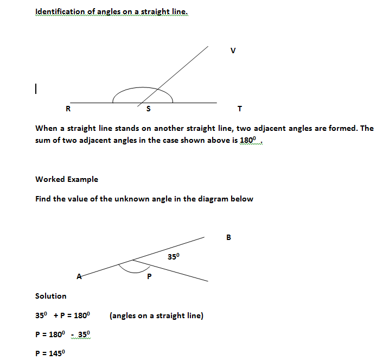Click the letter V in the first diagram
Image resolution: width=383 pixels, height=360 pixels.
pyautogui.click(x=233, y=51)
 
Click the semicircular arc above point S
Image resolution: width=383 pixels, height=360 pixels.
pyautogui.click(x=142, y=88)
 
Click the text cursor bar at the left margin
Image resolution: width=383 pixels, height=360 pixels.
pyautogui.click(x=35, y=88)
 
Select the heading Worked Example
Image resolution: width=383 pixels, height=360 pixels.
pyautogui.click(x=67, y=179)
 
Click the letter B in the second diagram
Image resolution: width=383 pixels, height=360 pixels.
pyautogui.click(x=228, y=237)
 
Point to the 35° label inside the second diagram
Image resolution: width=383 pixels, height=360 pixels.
pyautogui.click(x=173, y=256)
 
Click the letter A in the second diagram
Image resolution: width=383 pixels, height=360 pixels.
pyautogui.click(x=79, y=276)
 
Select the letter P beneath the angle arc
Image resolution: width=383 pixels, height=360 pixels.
pyautogui.click(x=149, y=277)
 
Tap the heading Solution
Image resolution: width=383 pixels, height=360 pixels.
pyautogui.click(x=51, y=296)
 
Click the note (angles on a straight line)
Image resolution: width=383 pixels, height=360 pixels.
pyautogui.click(x=156, y=315)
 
